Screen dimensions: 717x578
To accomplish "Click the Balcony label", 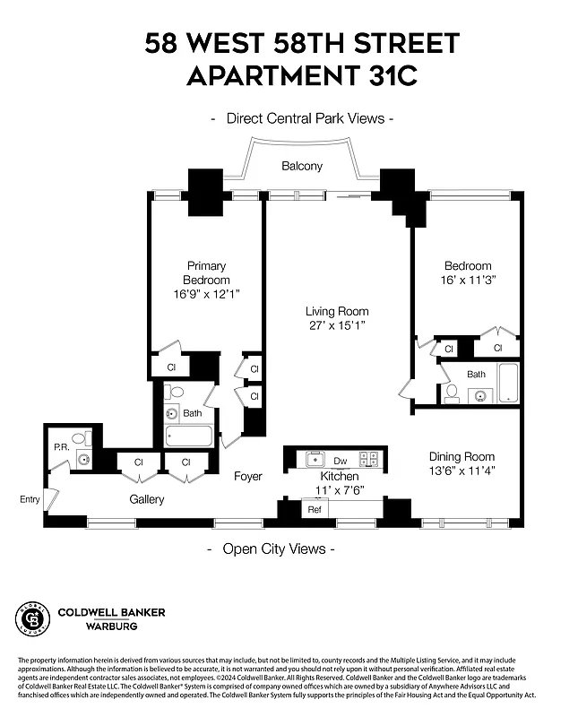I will click(302, 167).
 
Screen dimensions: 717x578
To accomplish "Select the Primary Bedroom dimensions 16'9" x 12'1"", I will click(206, 294).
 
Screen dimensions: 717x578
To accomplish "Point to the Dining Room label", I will click(462, 456).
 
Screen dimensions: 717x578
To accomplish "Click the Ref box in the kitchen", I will click(315, 509).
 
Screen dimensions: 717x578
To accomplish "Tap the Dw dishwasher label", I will click(340, 461).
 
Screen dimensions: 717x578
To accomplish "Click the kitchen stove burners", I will click(368, 459).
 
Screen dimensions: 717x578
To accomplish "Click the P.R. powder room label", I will click(61, 445).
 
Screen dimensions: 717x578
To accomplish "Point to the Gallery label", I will click(146, 499).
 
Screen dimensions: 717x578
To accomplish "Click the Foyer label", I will click(248, 476).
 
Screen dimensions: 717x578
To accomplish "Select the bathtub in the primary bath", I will click(188, 436).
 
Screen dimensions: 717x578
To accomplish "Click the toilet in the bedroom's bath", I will click(453, 393).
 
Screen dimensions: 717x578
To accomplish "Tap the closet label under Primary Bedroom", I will click(170, 367).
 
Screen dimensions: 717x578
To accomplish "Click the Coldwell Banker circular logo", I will click(32, 618).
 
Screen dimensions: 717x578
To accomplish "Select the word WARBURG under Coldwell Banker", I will click(87, 626).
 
